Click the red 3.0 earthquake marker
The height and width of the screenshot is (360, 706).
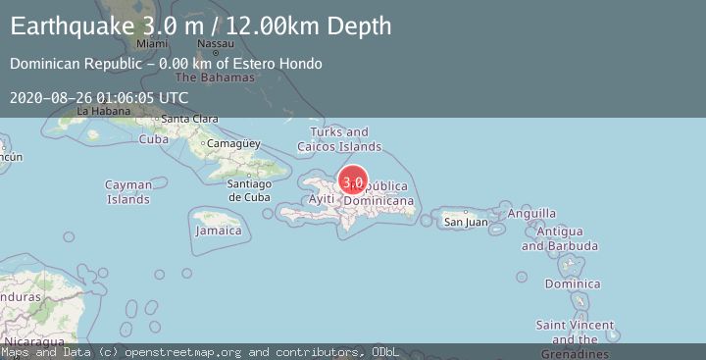point(353,181)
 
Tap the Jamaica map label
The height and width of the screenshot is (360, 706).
point(218,231)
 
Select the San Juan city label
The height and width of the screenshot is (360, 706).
point(466,223)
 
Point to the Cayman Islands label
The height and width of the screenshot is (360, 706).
point(128,192)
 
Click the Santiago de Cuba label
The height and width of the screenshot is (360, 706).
point(248,190)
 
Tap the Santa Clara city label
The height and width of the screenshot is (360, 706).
point(189,120)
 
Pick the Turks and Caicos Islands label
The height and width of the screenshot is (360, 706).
point(339,139)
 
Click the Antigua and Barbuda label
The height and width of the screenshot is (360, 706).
point(560,238)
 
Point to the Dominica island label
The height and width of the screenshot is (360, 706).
point(573,284)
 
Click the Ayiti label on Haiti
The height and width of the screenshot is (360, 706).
point(322,199)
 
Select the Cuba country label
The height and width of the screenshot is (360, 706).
point(153,139)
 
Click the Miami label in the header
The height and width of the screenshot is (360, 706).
point(152,45)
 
